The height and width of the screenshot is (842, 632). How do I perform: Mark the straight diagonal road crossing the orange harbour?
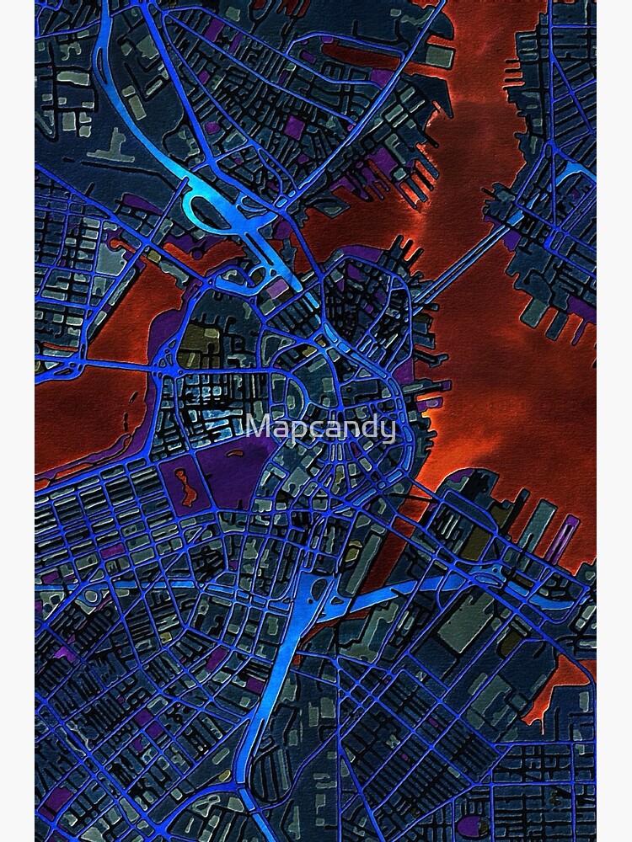(455, 262)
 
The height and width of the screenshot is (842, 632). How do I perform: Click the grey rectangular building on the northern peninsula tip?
(439, 56)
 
